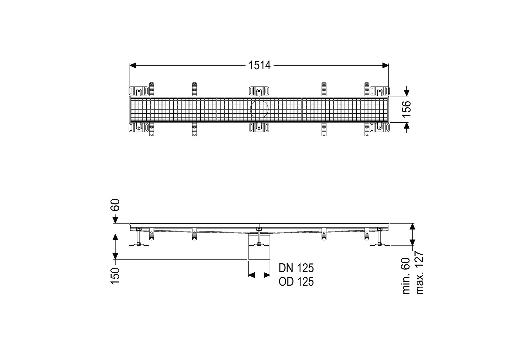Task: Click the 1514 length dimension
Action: [259, 65]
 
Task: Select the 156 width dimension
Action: [407, 109]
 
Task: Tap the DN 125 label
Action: [296, 268]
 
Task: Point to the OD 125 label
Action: [296, 281]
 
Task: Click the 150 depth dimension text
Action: [115, 276]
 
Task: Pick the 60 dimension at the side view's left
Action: [115, 205]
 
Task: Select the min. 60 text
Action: [406, 276]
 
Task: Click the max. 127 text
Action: [419, 273]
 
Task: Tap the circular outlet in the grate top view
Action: [259, 109]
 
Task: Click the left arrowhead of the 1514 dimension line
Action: [133, 65]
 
